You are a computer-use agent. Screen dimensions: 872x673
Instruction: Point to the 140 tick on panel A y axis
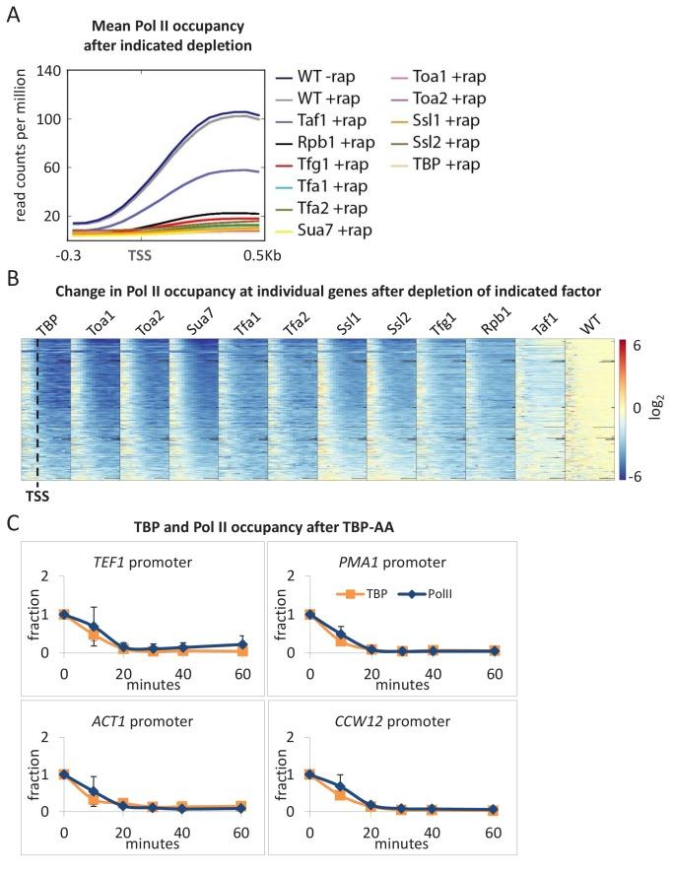coord(48,70)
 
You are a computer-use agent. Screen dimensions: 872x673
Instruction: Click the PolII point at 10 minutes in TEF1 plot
coord(96,626)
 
